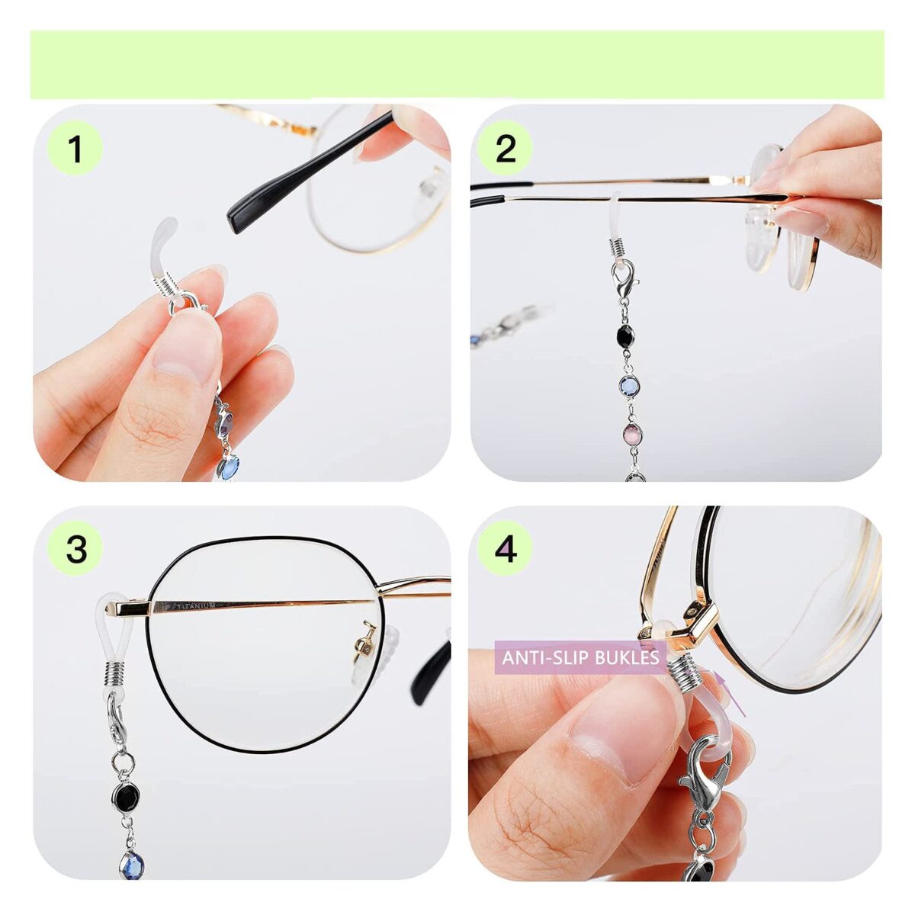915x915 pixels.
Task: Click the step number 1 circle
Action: (75, 148)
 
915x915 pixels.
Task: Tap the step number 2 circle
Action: (506, 148)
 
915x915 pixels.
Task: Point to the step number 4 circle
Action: (506, 548)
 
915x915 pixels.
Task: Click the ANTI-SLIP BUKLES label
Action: (580, 657)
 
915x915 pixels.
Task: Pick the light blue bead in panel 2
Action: (630, 384)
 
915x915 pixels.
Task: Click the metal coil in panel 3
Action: (116, 674)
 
